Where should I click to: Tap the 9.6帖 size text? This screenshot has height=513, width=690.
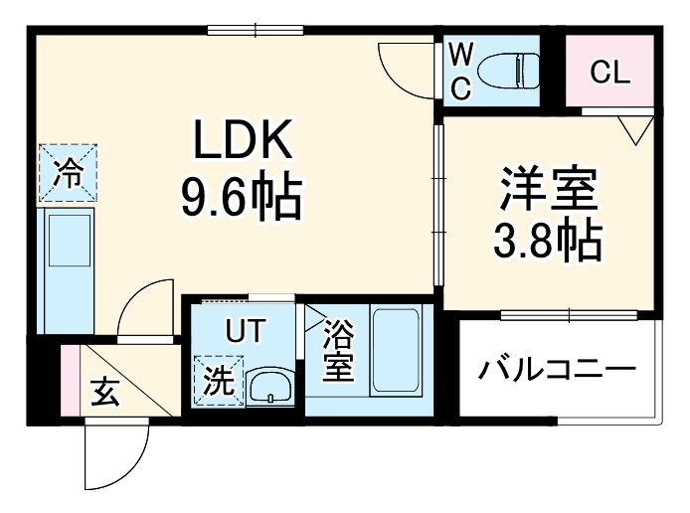[242, 200]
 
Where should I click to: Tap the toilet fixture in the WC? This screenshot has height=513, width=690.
[506, 70]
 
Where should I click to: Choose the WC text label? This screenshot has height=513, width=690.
[460, 71]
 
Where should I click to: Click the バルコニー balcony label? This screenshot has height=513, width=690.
[557, 371]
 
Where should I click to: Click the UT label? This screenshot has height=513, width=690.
[244, 331]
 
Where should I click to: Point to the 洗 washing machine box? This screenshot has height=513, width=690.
[217, 379]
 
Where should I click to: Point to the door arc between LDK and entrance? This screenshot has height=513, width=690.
[145, 308]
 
